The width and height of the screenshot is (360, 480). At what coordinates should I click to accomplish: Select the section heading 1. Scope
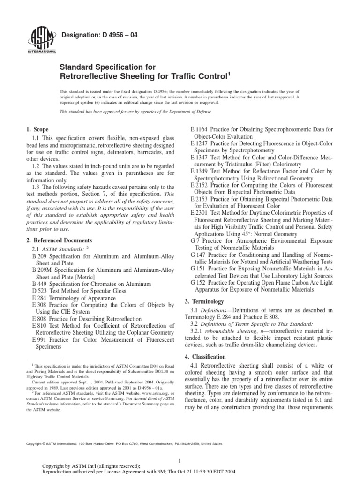click(x=37, y=129)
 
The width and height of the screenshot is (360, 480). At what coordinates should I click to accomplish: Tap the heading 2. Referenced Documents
click(x=57, y=240)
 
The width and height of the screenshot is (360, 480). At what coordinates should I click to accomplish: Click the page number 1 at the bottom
click(x=180, y=459)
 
